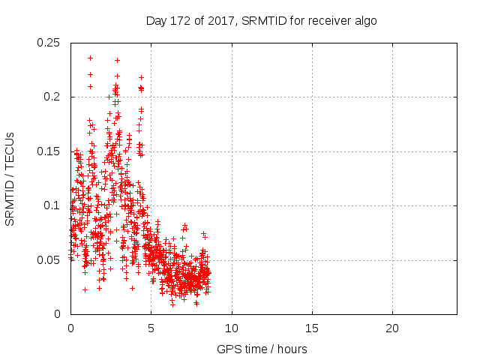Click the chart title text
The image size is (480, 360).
[x=261, y=20]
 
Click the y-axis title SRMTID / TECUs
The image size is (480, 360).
[x=10, y=178]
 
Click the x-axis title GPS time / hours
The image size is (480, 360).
[x=262, y=349]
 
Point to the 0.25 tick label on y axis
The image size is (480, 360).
[x=49, y=43]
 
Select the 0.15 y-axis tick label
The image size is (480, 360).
[x=49, y=151]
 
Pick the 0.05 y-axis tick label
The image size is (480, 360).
[x=49, y=260]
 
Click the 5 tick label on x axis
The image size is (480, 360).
[x=151, y=328]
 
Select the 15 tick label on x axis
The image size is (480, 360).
[x=312, y=328]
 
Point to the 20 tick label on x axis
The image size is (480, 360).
[x=392, y=328]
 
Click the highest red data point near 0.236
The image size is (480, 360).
[x=90, y=58]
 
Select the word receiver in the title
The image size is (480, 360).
[x=326, y=20]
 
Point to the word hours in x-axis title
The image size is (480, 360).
[x=292, y=349]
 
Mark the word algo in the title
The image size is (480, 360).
[x=364, y=20]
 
